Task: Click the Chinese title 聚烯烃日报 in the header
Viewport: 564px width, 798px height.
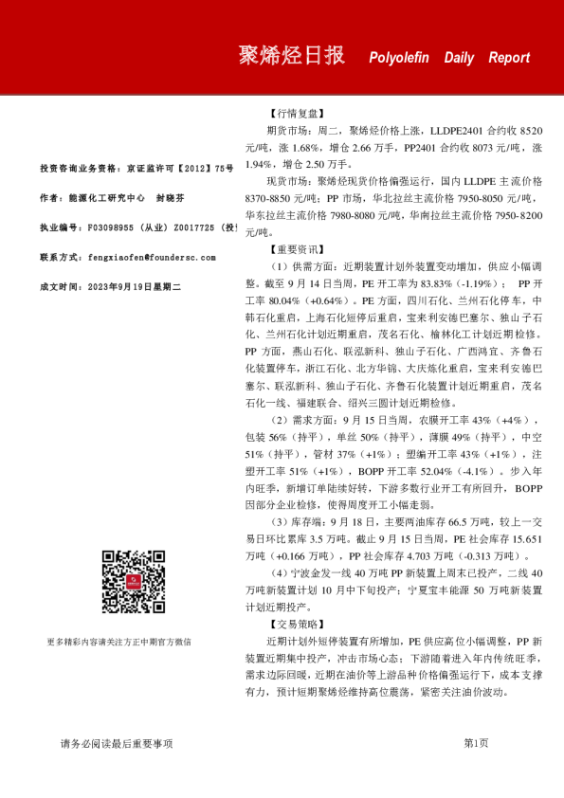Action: [x=291, y=56]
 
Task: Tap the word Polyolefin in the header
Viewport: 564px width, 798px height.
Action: [x=399, y=58]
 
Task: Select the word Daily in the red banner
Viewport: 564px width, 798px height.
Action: [x=460, y=58]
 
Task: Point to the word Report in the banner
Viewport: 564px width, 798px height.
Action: [x=509, y=58]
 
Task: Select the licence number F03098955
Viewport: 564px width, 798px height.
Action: [x=115, y=228]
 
